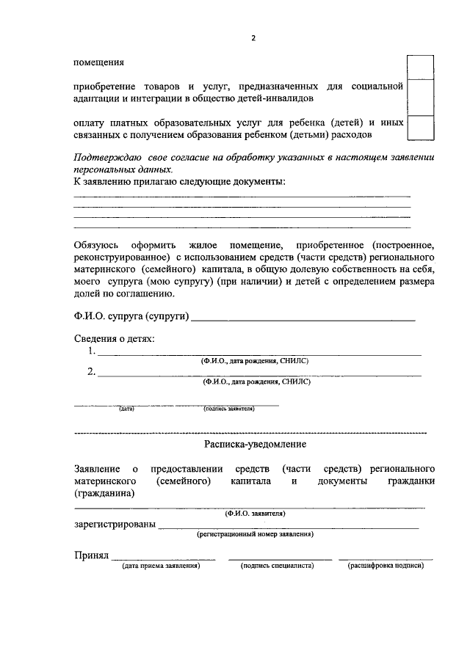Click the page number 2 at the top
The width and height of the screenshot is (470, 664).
(x=253, y=39)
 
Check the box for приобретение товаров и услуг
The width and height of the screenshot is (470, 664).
(x=420, y=96)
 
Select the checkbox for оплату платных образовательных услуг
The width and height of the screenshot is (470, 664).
(x=420, y=127)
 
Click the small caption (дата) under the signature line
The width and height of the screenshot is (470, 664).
(x=126, y=409)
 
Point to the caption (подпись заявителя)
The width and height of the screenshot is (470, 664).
(x=229, y=409)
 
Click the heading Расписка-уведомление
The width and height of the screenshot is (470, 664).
(x=255, y=445)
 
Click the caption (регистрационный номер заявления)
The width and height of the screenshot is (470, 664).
(x=255, y=535)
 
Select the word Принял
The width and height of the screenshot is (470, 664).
(x=91, y=556)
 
